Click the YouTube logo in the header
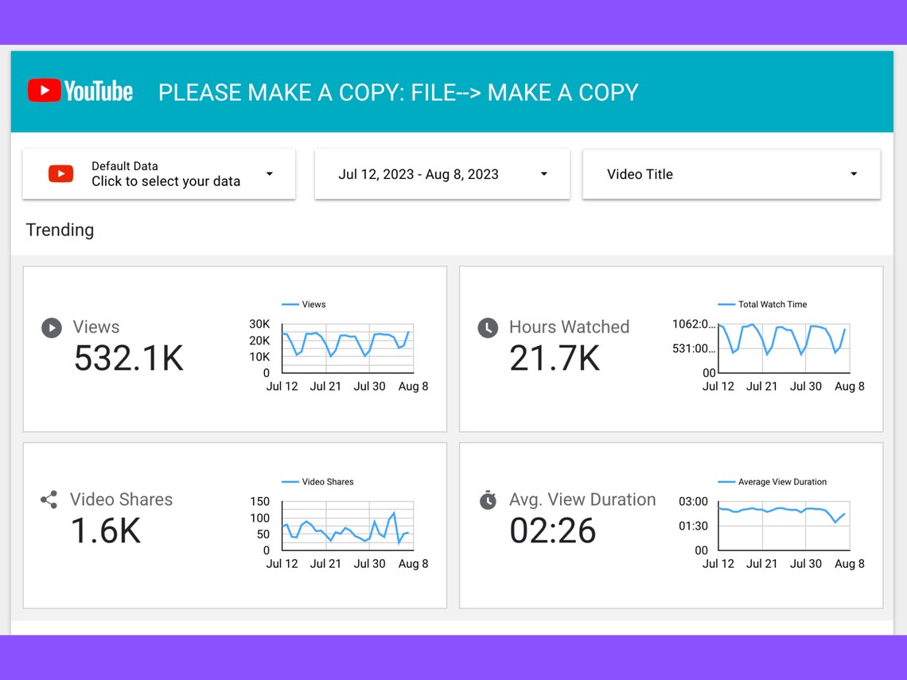point(80,91)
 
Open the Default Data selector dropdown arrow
point(270,174)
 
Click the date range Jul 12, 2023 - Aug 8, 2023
point(418,174)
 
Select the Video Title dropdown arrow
point(854,174)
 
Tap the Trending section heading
point(60,230)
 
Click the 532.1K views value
point(129,359)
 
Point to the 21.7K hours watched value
point(555,359)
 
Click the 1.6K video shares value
point(106,531)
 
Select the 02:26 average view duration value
point(553,531)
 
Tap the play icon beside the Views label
point(52,328)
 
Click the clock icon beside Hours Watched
point(488,328)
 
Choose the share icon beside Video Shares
point(49,500)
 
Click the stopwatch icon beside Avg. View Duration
point(488,500)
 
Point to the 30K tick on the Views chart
point(259,324)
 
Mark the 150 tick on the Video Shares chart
point(259,502)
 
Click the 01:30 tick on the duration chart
point(693,526)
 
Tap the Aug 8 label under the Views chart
point(413,387)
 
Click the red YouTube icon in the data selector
point(61,174)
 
